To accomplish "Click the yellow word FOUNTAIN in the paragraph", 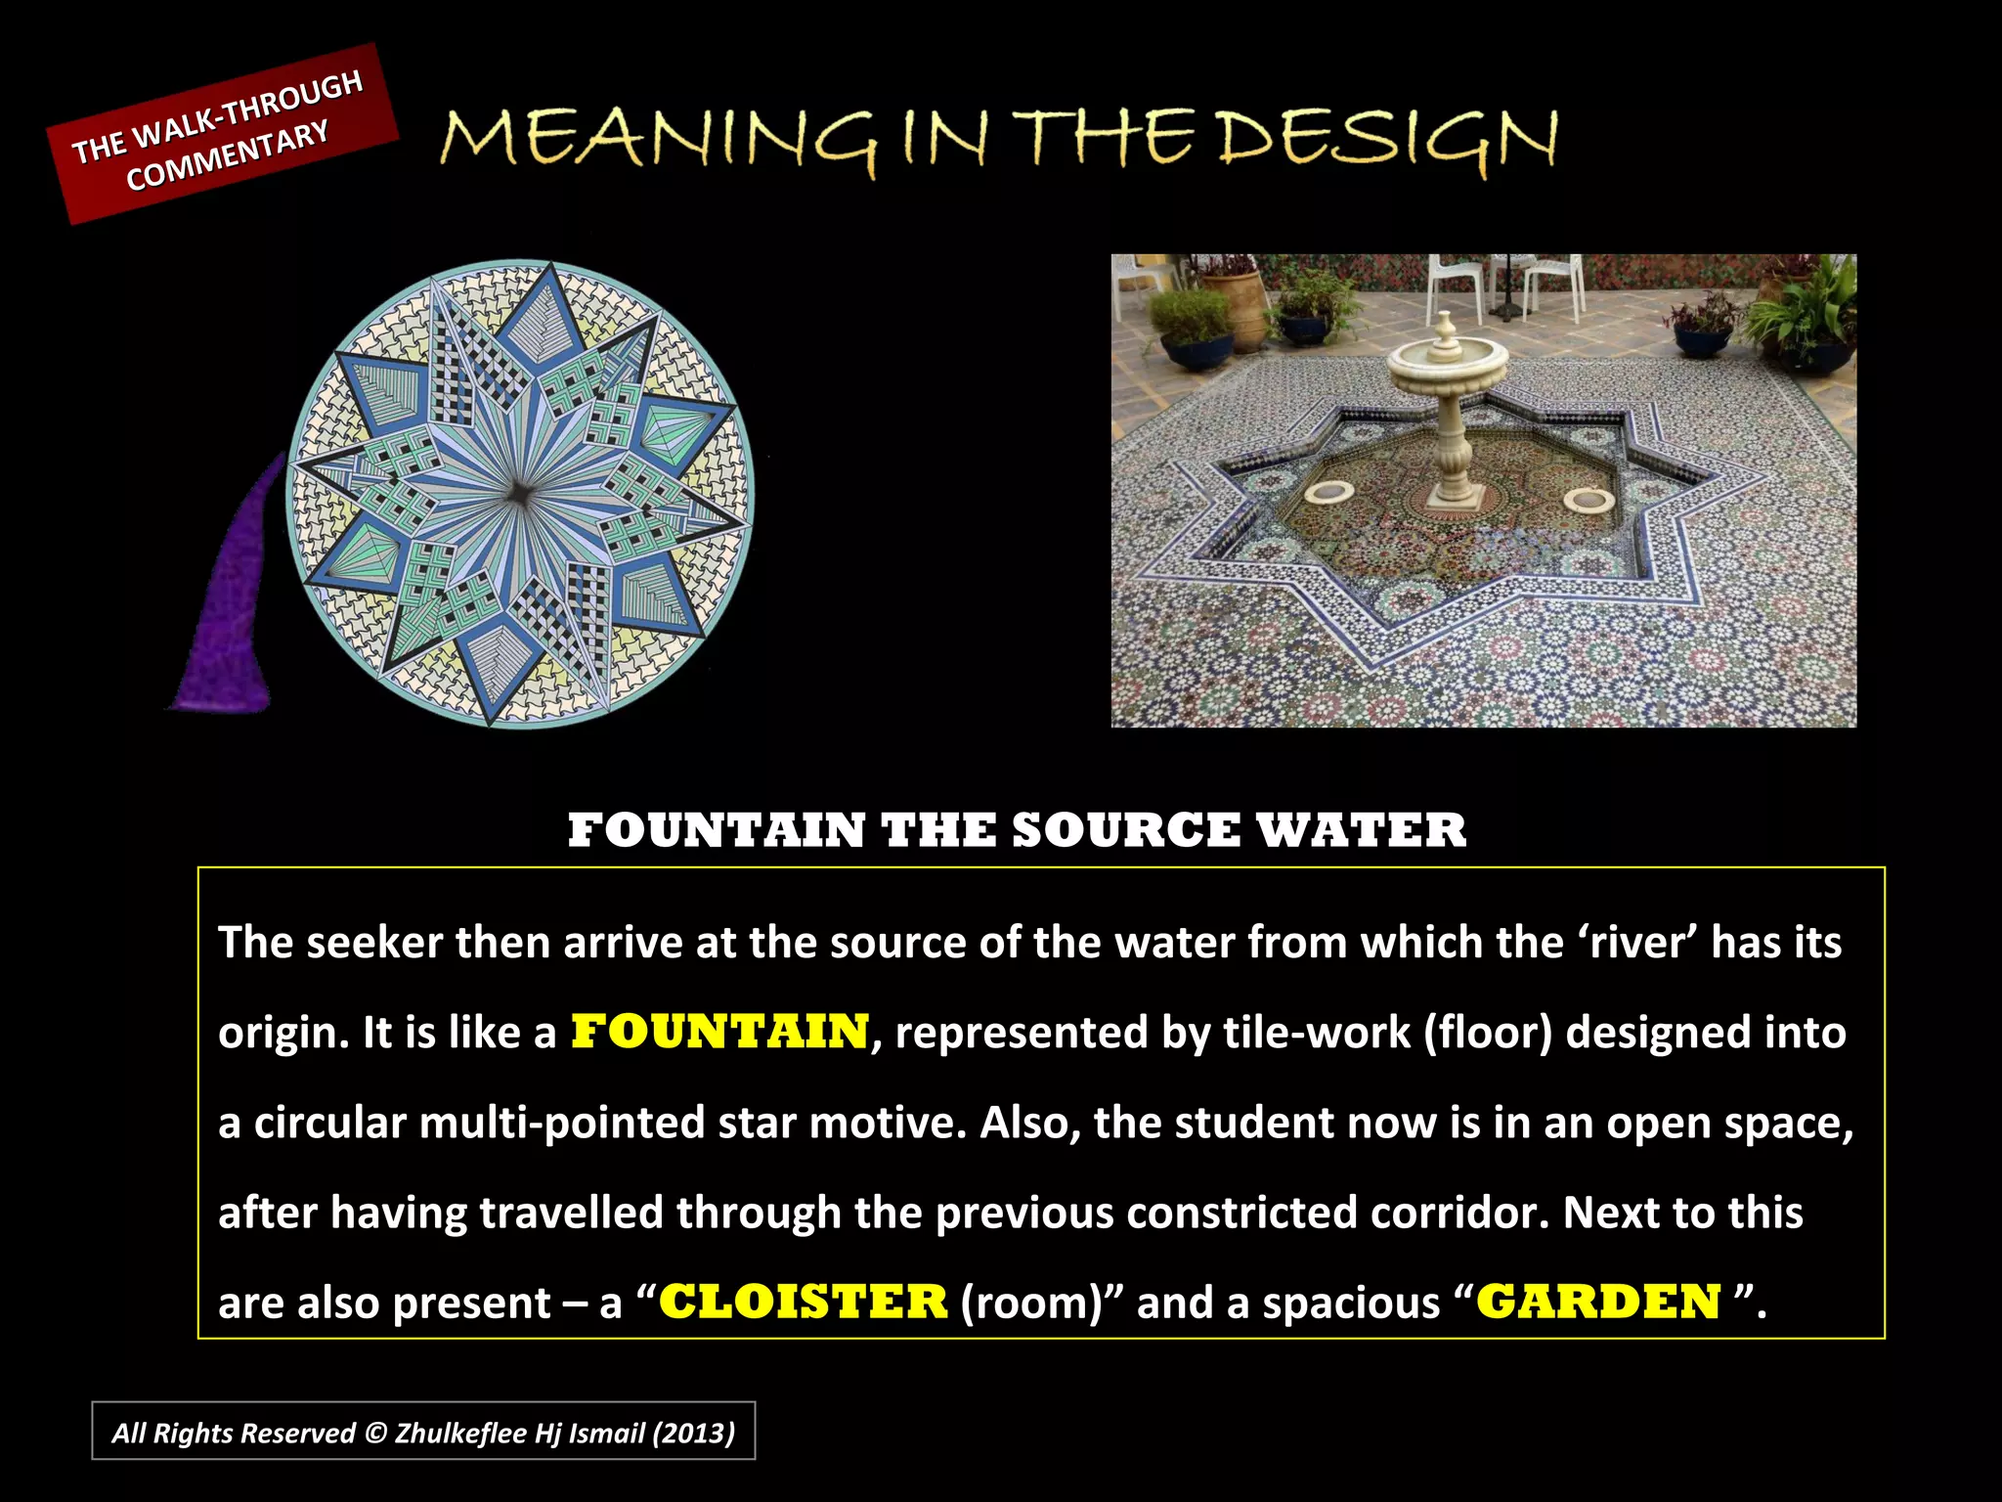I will [719, 1033].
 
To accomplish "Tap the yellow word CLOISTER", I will [804, 1303].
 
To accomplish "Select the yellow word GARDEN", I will [1598, 1303].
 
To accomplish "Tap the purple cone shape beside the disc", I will [233, 606].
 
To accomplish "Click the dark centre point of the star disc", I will [519, 494].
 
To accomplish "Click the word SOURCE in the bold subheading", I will [1126, 831].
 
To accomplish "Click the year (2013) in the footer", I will [694, 1434].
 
